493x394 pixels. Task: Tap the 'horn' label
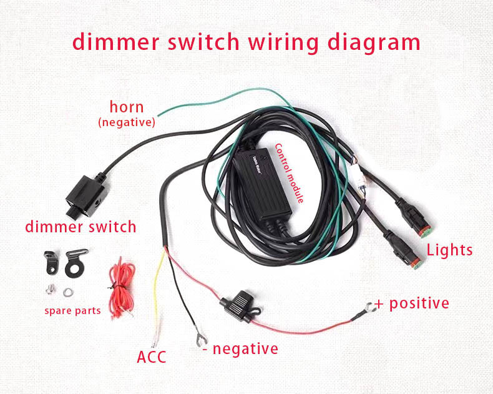127,107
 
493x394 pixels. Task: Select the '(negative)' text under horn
126,122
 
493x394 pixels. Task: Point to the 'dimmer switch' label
81,226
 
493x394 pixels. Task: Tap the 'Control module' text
290,173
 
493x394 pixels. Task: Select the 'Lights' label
449,250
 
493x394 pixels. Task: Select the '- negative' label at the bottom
240,348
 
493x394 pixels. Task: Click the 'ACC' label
151,358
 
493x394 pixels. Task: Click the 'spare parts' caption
72,310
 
